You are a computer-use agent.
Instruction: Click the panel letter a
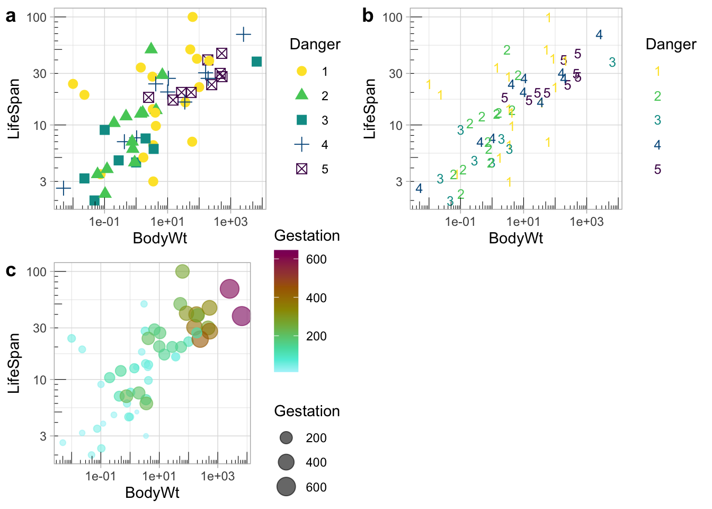click(x=11, y=16)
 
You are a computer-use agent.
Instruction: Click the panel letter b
click(x=368, y=16)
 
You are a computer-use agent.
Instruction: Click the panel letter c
click(x=11, y=271)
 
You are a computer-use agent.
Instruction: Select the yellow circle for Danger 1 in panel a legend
click(x=301, y=71)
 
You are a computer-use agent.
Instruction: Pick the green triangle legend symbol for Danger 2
click(x=301, y=95)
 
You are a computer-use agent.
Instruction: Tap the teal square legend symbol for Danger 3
click(x=301, y=120)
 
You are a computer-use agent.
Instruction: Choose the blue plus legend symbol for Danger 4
click(x=301, y=145)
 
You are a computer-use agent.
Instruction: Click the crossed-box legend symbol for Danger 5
click(x=301, y=169)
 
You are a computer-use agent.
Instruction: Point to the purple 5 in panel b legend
click(x=657, y=170)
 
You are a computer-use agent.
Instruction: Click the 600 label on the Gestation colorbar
click(x=316, y=259)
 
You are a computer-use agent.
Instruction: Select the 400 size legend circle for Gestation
click(x=286, y=462)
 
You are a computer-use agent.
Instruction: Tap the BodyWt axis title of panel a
click(x=160, y=238)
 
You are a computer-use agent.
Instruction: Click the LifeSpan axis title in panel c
click(x=14, y=363)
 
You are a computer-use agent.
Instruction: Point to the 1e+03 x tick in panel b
click(x=586, y=222)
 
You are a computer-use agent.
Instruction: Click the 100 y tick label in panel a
click(x=37, y=17)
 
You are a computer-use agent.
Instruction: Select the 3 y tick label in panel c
click(x=43, y=436)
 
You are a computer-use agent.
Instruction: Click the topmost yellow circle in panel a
click(x=192, y=17)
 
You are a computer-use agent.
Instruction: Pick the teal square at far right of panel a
click(x=256, y=62)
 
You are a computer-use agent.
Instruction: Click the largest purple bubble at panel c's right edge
click(x=242, y=316)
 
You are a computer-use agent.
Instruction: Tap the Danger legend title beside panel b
click(x=671, y=45)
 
